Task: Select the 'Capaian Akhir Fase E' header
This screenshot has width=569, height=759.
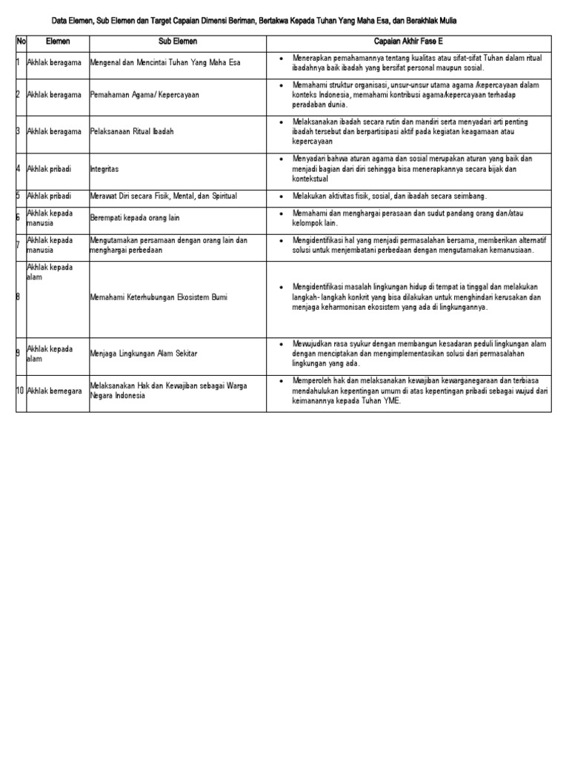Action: (x=408, y=42)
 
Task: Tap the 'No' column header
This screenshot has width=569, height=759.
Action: (x=21, y=42)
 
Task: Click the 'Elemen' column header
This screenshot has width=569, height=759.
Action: (x=58, y=42)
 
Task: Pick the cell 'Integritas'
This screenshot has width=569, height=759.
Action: (x=104, y=169)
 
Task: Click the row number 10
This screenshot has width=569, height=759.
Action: (x=21, y=390)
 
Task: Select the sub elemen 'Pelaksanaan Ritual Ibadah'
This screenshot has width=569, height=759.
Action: (x=132, y=131)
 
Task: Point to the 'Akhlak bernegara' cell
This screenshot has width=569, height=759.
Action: (x=54, y=390)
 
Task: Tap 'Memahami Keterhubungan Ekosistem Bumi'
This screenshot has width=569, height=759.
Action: (x=159, y=297)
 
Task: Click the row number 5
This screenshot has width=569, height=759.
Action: (x=19, y=196)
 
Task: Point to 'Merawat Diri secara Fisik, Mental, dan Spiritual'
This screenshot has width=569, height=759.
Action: (x=163, y=196)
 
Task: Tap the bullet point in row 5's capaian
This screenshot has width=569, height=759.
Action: (x=282, y=196)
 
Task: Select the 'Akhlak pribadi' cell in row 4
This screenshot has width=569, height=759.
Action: (x=50, y=169)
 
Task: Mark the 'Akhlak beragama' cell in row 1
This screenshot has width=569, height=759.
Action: (x=54, y=62)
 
